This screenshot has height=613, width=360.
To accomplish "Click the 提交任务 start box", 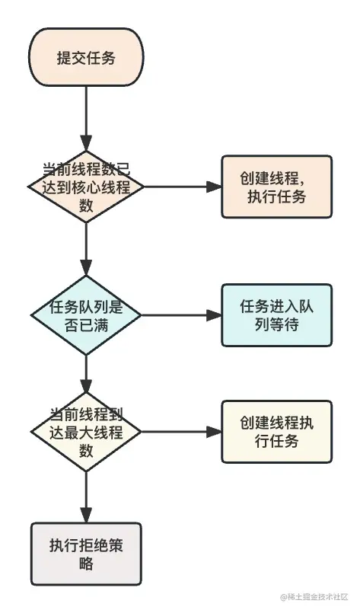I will [86, 59].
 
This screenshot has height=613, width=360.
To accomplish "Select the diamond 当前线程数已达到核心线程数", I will [86, 187].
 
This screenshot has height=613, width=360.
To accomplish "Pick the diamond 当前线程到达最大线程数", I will [86, 433].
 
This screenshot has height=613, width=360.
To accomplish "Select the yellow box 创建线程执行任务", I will [276, 432].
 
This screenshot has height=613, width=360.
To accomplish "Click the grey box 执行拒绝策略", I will [86, 554].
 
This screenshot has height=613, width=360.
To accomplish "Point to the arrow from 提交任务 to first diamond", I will [86, 118].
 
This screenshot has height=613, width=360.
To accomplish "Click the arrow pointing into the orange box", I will [183, 187].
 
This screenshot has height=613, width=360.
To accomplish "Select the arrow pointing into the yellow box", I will [183, 432].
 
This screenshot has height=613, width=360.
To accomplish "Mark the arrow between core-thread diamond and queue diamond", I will [86, 251].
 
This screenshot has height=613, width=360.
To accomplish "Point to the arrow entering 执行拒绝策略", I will [86, 495].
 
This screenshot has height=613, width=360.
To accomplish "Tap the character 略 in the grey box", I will [85, 564].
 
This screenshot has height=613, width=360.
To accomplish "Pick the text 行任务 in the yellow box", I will [276, 442].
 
